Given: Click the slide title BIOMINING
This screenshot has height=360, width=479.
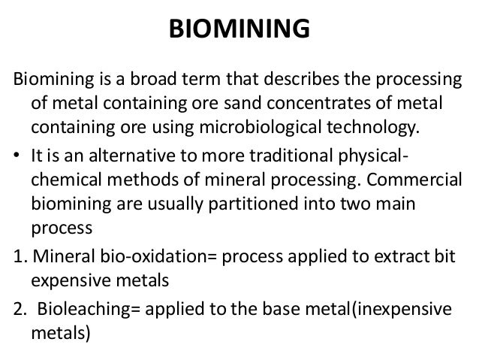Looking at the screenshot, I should click(x=239, y=29).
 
